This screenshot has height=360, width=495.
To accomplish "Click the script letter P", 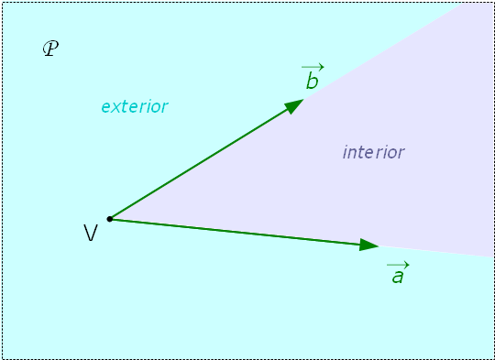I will tap(50, 49).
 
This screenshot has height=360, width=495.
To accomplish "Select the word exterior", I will tap(134, 106).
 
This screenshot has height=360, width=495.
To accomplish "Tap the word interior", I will tap(373, 152).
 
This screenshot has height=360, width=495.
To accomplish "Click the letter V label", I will tap(91, 234).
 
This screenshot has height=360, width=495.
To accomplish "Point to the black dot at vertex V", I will tap(110, 219).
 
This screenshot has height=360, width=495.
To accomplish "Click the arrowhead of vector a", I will tap(370, 245).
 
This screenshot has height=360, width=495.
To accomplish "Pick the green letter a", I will tap(397, 276).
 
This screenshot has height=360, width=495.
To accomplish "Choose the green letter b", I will tap(312, 82).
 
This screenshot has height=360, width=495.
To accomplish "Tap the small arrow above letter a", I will tap(398, 263).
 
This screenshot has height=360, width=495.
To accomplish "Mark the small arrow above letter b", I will tap(313, 67).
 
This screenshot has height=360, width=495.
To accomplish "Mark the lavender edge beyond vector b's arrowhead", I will tap(385, 50).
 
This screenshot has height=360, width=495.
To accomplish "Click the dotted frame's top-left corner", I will tap(2, 2).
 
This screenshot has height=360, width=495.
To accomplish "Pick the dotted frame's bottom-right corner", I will tap(493, 358).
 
